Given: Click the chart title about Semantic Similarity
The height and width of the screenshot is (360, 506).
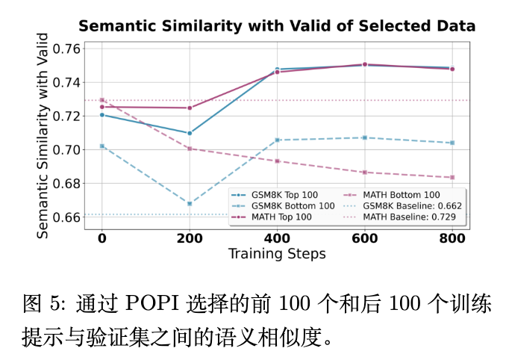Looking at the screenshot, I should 277,26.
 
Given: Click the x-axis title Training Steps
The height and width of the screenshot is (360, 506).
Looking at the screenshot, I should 277,254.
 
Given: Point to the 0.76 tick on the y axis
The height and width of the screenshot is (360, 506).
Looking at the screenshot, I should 69,49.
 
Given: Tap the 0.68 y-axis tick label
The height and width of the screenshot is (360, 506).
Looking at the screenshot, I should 69,184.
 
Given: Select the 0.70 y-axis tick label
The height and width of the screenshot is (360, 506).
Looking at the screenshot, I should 69,150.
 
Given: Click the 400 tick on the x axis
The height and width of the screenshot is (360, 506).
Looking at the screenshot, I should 277,238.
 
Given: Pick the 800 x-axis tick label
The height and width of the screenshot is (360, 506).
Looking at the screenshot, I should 452,238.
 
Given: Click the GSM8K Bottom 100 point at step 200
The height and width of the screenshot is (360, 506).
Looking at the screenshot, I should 190,203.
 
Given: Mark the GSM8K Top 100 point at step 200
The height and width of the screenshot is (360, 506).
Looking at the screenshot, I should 190,133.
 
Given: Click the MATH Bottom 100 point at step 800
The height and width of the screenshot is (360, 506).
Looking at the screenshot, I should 452,177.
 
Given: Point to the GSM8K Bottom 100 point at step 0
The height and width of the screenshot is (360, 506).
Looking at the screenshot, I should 101,146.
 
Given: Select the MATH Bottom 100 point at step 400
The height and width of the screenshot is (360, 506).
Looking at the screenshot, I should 277,161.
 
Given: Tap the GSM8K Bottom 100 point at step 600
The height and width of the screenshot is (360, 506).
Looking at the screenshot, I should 365,137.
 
